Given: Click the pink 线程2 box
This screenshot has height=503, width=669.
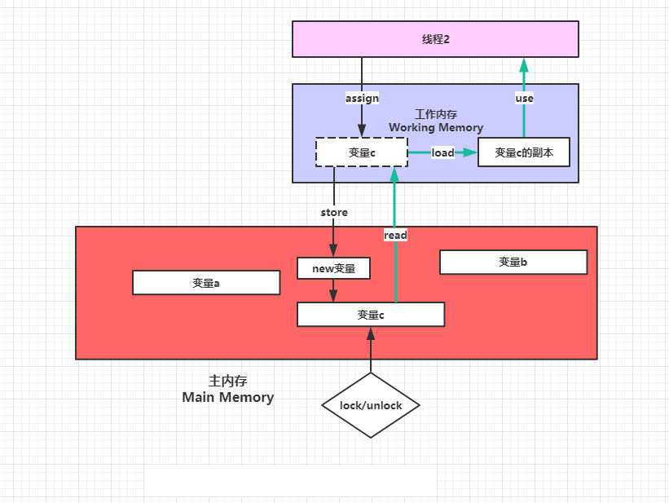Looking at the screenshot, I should (435, 39).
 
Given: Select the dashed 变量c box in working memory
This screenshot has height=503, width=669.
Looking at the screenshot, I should (361, 152).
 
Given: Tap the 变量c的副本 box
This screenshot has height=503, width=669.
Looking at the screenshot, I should (523, 152).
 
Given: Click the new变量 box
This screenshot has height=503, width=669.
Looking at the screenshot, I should (333, 267).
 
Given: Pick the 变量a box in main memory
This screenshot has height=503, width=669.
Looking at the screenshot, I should (206, 283).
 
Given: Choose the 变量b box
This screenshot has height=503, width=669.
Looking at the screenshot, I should (513, 262).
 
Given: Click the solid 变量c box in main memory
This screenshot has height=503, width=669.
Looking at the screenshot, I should (370, 314).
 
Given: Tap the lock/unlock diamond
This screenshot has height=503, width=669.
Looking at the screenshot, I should (371, 405).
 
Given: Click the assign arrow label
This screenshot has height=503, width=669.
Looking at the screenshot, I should (362, 98).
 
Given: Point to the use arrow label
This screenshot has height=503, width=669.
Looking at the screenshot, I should (524, 98).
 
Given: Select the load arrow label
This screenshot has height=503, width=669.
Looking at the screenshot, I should (442, 152).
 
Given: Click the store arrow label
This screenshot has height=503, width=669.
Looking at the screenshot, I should (333, 212).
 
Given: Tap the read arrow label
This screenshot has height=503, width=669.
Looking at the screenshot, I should (395, 235).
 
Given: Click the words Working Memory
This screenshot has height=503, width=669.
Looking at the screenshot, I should (436, 127).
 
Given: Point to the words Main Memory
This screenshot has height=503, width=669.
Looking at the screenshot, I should (228, 398).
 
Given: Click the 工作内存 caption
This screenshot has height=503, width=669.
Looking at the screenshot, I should (436, 114).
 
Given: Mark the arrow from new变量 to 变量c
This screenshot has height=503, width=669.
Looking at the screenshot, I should (333, 290).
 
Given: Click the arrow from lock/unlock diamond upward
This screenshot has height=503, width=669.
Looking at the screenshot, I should (371, 351).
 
